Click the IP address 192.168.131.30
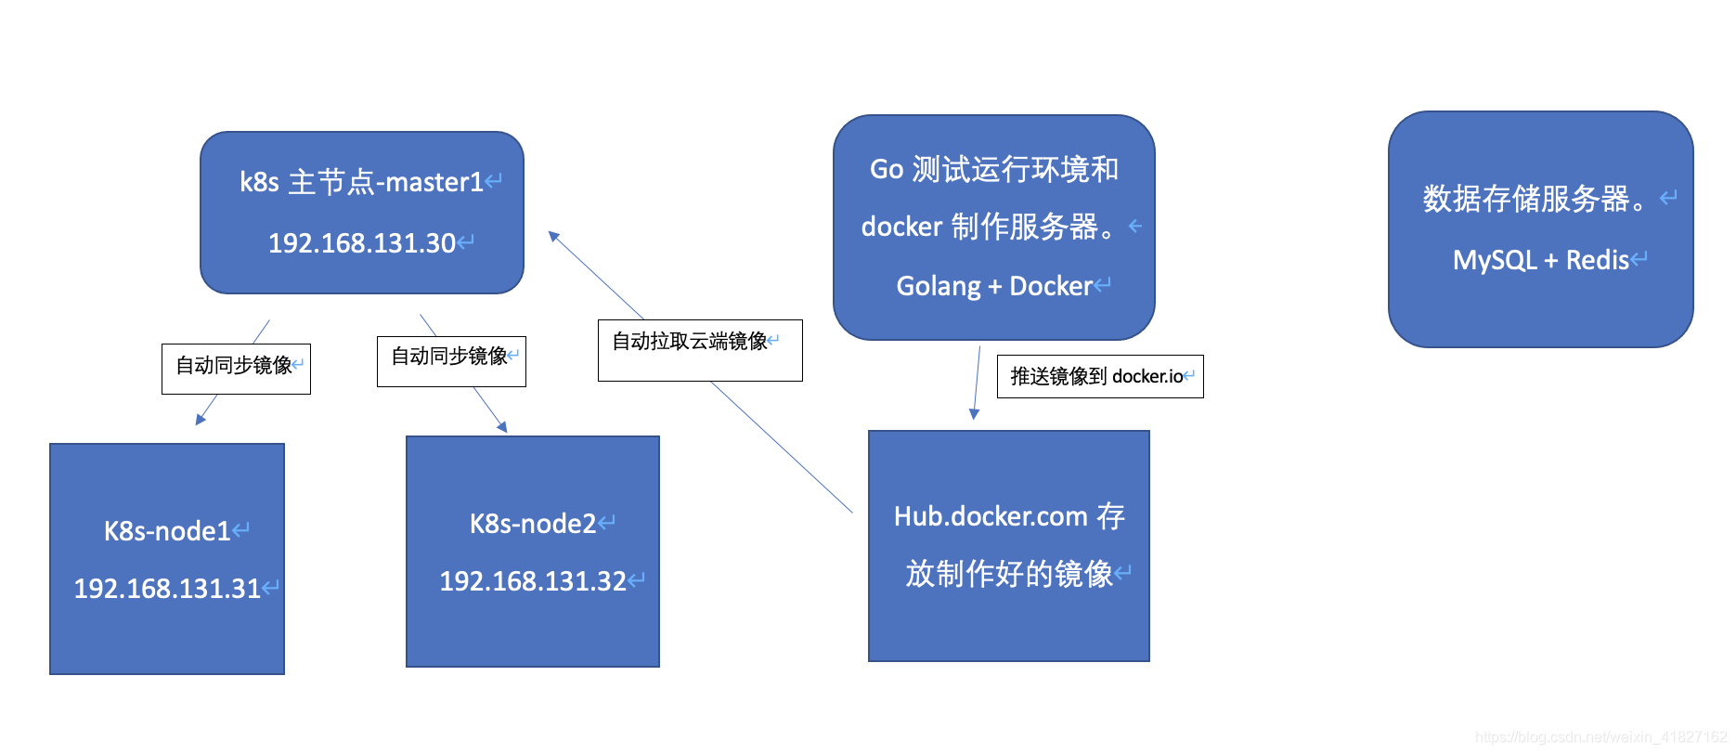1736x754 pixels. [x=362, y=243]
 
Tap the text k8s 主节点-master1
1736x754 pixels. [x=361, y=182]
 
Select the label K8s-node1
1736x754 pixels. [x=167, y=531]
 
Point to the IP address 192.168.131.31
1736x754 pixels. [x=167, y=589]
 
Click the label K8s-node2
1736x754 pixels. [x=533, y=524]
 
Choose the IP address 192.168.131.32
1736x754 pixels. [x=533, y=581]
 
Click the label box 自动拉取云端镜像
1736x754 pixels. [x=700, y=350]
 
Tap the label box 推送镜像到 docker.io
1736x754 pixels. [x=1100, y=376]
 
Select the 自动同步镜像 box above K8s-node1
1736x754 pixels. [x=236, y=369]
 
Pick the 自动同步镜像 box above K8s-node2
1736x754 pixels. [x=451, y=361]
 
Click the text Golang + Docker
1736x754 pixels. [x=994, y=286]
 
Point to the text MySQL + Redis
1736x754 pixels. [x=1541, y=260]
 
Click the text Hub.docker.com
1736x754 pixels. [x=991, y=516]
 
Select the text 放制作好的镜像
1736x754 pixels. [x=1009, y=574]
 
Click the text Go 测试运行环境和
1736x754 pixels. [x=994, y=169]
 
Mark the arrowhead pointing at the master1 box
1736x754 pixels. [x=554, y=237]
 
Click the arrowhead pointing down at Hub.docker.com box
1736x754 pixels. [x=975, y=414]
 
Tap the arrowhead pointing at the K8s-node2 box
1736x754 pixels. [x=502, y=427]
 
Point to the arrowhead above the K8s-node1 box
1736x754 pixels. [x=201, y=420]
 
